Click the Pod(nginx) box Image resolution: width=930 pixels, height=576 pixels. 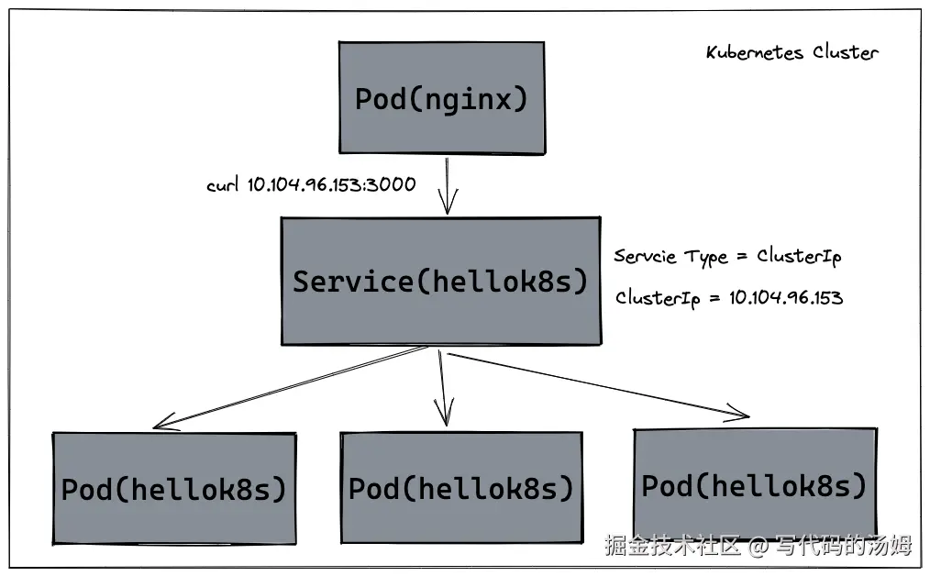click(x=441, y=97)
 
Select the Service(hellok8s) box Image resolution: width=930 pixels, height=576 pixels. click(x=441, y=282)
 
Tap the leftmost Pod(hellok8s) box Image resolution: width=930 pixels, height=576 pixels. click(x=174, y=489)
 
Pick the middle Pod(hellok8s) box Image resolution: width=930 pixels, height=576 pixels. click(x=461, y=488)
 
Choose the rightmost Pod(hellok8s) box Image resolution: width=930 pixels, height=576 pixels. click(x=754, y=484)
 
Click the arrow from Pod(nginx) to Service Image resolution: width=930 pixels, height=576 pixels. click(x=447, y=186)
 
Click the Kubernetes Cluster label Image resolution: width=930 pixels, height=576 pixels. click(x=792, y=52)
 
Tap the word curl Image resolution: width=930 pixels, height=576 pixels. click(x=224, y=185)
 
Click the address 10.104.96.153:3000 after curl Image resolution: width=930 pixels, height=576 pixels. click(x=331, y=184)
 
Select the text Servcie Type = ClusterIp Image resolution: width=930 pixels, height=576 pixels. click(x=726, y=257)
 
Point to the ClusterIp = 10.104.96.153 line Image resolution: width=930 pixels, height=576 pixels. click(x=728, y=297)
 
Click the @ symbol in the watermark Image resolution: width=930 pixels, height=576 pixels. click(x=758, y=547)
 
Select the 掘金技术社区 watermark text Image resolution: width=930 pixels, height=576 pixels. click(x=672, y=547)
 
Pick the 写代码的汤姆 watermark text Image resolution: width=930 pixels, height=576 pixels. click(x=844, y=547)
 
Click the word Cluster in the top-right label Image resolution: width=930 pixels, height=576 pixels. click(x=845, y=52)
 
